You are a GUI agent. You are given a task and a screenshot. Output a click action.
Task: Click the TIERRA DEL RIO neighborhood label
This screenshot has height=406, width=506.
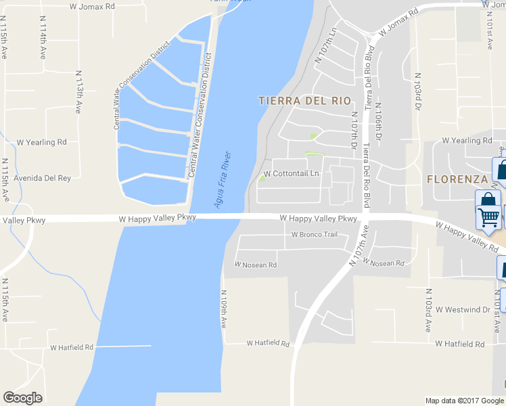(305, 101)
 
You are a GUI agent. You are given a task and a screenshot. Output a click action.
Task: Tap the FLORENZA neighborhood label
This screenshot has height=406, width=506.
(457, 179)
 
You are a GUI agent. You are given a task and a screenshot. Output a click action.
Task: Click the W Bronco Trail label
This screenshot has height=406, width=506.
(314, 235)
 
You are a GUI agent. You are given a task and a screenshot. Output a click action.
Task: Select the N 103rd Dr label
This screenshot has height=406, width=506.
(418, 93)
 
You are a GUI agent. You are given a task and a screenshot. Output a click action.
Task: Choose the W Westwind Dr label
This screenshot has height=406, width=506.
(463, 310)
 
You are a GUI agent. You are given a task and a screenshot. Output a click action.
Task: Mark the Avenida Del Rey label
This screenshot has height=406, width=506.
(44, 178)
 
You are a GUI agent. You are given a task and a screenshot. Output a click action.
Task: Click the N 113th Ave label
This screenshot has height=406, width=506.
(79, 91)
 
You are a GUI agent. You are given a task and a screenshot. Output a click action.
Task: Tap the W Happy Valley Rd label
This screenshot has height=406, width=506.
(466, 233)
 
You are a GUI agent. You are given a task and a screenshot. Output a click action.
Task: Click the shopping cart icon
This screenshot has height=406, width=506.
(488, 216)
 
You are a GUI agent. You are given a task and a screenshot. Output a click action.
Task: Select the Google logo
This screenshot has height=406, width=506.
(22, 398)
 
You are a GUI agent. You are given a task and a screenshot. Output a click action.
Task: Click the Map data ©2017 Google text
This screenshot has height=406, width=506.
(464, 401)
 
